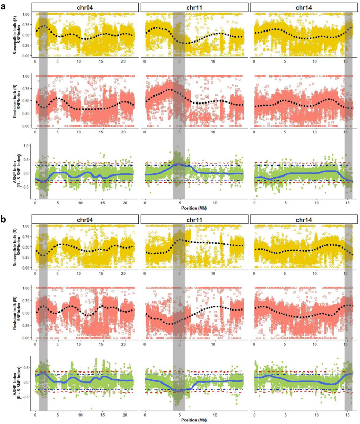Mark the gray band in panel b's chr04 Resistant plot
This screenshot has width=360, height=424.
click(44, 313)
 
